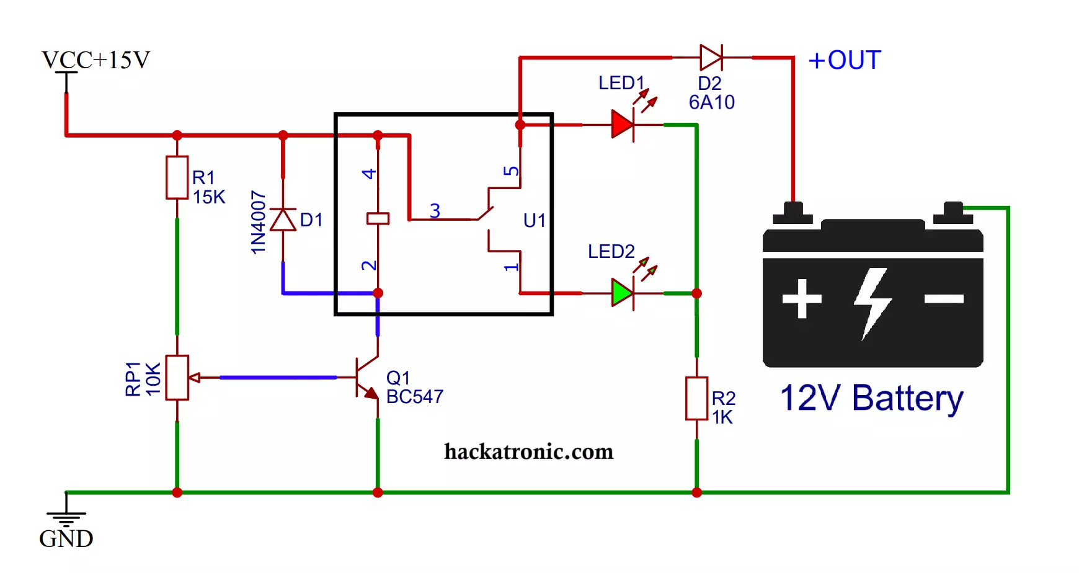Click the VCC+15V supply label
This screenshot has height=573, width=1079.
tap(95, 60)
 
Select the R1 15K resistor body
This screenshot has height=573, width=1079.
tap(177, 177)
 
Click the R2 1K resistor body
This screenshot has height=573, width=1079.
tap(696, 398)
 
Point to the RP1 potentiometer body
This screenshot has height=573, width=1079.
tap(177, 377)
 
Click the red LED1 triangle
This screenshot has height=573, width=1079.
tap(622, 125)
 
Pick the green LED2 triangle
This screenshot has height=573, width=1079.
tap(622, 293)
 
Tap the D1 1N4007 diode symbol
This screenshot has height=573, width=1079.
tap(283, 220)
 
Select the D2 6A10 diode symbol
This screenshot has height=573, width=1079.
tap(711, 58)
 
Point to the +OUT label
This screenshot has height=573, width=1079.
tap(845, 60)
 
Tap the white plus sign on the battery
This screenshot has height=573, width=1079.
tap(802, 299)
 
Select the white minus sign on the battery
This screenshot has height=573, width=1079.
tap(944, 299)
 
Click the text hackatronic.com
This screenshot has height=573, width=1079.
tap(529, 451)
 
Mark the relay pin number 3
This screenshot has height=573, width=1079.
tap(435, 211)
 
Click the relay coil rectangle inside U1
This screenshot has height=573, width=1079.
tap(378, 218)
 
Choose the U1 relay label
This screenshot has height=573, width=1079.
tap(535, 220)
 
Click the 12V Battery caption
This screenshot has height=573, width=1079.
tap(872, 398)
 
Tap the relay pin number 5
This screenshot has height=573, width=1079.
tap(511, 171)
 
